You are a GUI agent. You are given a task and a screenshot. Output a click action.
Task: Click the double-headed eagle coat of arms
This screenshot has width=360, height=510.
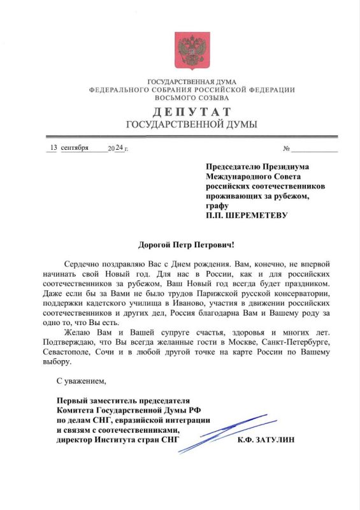point(190,50)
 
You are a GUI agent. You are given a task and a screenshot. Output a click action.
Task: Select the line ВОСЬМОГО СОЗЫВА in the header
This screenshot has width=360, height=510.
point(191,98)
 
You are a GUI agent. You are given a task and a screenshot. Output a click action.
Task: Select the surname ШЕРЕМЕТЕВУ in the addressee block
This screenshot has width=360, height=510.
point(256,215)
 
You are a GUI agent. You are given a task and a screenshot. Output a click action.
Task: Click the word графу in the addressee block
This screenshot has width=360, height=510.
point(217,206)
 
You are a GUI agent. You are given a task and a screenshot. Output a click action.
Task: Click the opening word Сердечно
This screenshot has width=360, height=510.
point(83,264)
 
